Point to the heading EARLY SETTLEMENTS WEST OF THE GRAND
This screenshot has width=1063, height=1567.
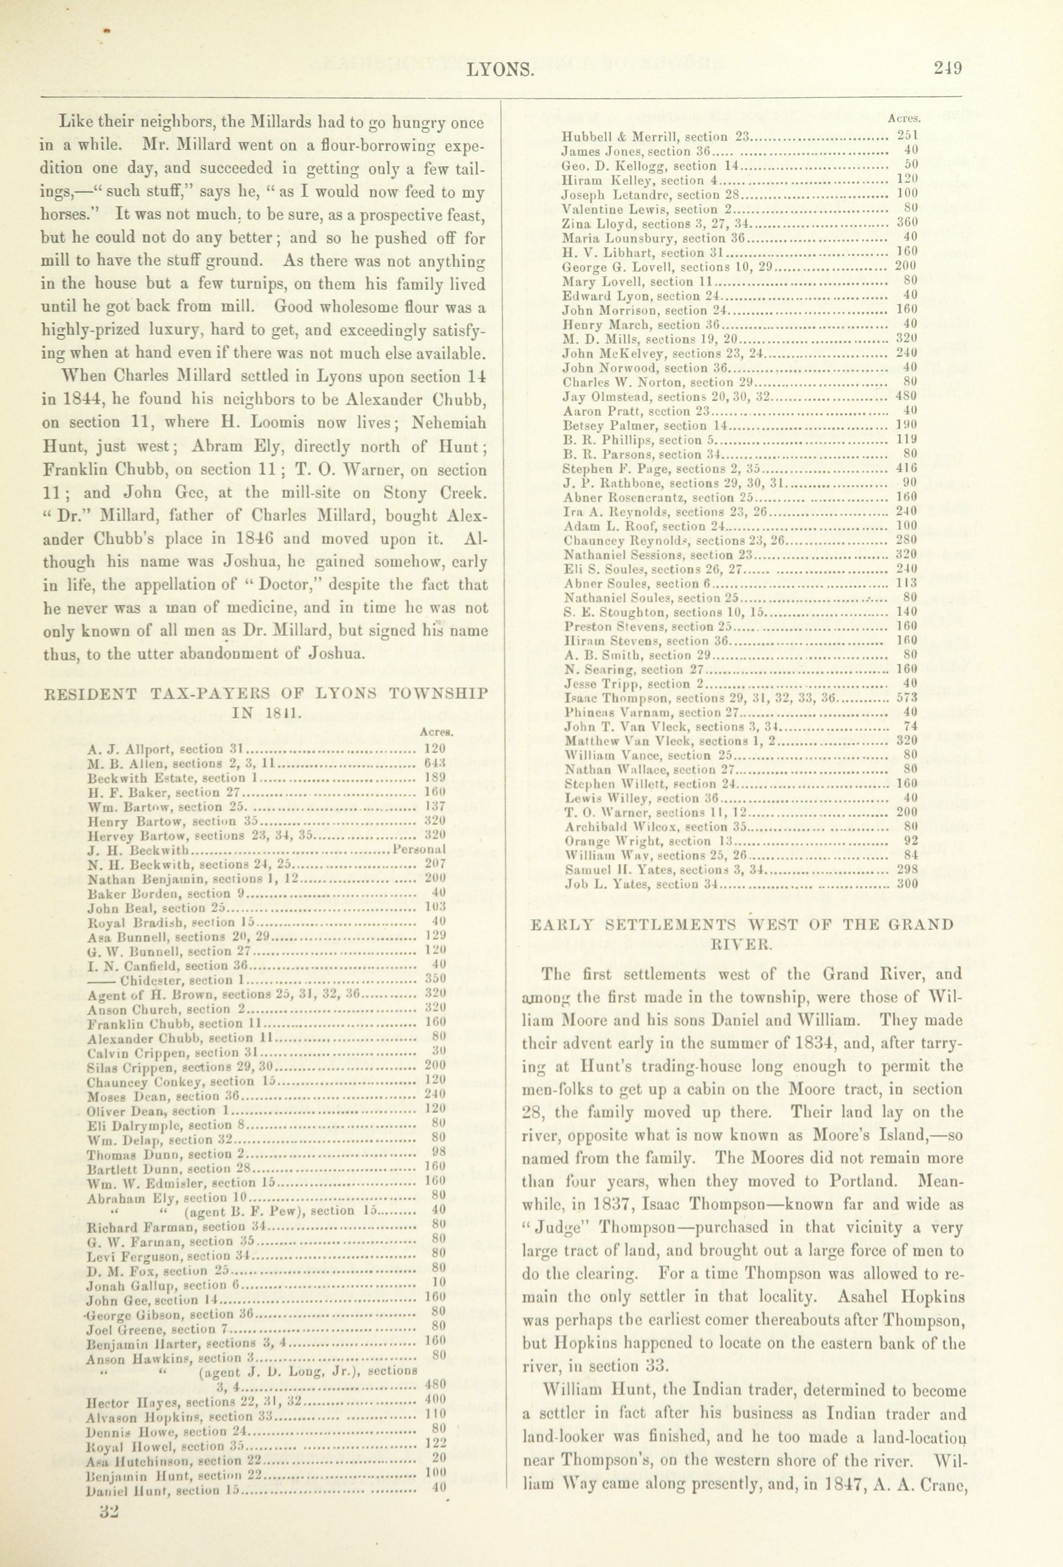point(742,924)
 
